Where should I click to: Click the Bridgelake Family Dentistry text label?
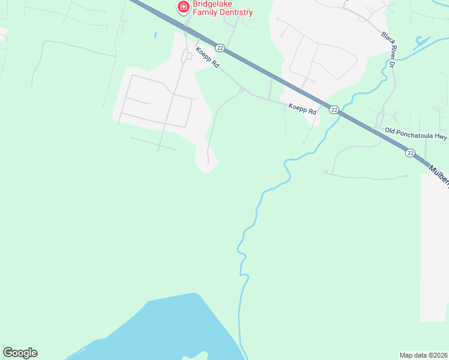[x=223, y=8]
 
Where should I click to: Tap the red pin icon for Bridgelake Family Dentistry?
[x=183, y=7]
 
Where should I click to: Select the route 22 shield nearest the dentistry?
[x=220, y=48]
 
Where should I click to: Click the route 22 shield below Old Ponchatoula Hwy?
[x=410, y=153]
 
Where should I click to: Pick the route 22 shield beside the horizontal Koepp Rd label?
[x=334, y=109]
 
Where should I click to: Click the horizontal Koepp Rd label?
[x=302, y=108]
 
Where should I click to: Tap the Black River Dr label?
[x=389, y=49]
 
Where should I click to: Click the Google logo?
[x=20, y=352]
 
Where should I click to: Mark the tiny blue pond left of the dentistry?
[x=155, y=34]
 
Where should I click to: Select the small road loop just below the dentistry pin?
[x=188, y=56]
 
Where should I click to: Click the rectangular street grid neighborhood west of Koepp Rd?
[x=156, y=102]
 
